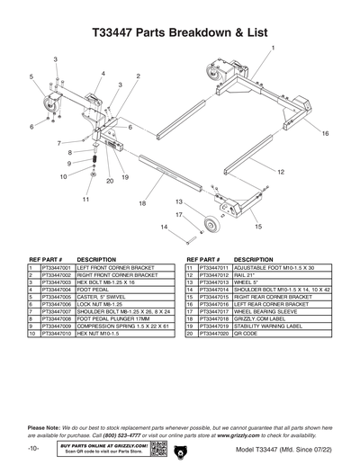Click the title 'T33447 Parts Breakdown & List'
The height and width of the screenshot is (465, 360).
(x=180, y=31)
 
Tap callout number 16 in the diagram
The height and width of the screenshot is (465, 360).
(x=325, y=133)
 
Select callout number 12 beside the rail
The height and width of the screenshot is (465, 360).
(x=281, y=171)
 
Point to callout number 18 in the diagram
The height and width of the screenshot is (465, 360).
(x=141, y=205)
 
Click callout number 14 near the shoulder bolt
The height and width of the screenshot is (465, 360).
(x=165, y=228)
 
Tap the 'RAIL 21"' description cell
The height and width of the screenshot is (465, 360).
(x=247, y=275)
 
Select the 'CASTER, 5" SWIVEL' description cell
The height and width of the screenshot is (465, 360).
(x=107, y=297)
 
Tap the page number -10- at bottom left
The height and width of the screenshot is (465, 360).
(x=32, y=447)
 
